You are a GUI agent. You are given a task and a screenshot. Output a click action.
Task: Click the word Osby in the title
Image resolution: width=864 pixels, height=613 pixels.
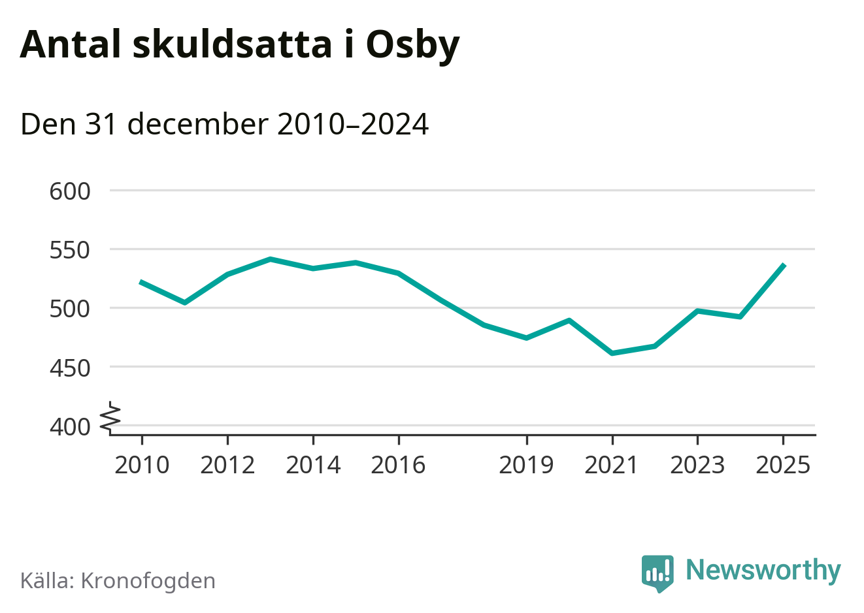pos(412,44)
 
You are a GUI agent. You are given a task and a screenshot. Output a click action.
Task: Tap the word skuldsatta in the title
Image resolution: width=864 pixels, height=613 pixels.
pos(232,44)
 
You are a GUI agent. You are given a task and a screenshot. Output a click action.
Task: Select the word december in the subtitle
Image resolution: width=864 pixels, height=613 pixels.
pos(197,124)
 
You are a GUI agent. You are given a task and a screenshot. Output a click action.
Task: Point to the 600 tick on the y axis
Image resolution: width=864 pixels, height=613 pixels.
pos(70,191)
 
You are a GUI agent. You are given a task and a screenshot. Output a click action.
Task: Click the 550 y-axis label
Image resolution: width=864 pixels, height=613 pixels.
pos(70,250)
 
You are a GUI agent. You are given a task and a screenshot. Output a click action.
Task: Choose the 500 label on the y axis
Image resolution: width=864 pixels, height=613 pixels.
pos(70,309)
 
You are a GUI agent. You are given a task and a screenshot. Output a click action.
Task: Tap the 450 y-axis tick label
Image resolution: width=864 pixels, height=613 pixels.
pos(70,368)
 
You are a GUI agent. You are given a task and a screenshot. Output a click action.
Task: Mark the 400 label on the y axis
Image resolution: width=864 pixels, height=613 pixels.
pos(70,427)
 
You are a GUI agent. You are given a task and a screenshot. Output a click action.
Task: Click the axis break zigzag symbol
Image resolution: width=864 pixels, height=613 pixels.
pos(111,417)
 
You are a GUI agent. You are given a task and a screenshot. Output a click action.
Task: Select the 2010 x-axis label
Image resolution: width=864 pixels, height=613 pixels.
pos(142,465)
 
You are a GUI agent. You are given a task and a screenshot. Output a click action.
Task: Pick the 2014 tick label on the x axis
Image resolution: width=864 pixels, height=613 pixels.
pos(313,465)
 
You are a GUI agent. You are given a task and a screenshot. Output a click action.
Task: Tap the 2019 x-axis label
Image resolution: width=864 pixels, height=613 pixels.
pos(526,465)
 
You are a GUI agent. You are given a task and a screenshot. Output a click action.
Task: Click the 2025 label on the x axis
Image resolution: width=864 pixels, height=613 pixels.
pos(783,465)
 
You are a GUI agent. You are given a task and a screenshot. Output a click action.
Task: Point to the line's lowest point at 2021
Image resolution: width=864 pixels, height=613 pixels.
pos(612,353)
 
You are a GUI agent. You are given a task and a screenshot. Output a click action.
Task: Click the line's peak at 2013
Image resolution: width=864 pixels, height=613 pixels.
pos(270,259)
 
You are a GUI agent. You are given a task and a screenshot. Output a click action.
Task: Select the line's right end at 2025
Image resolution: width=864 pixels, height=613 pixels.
pos(784,265)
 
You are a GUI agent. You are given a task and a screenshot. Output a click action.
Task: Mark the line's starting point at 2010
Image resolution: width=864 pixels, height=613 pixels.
pos(141,282)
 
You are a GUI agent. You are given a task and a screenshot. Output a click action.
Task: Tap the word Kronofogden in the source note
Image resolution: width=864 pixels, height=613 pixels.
pos(148,581)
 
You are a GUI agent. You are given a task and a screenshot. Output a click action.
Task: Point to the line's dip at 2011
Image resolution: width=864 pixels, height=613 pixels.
pos(185,303)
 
